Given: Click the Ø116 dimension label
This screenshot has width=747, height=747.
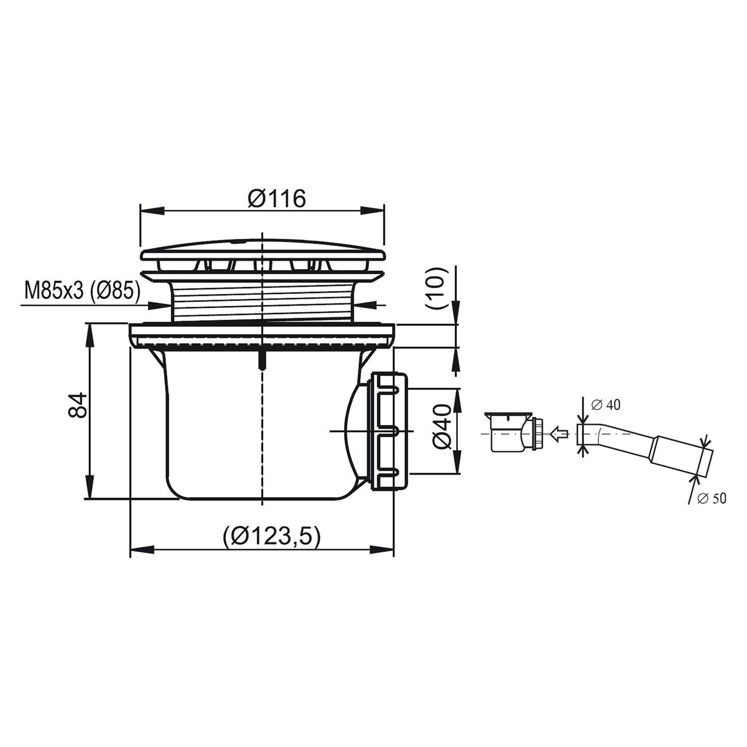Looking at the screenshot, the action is pos(277,199).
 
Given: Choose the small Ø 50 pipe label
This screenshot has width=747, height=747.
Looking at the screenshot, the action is pos(712,499).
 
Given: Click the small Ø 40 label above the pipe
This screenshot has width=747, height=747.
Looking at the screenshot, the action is pos(606,405).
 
